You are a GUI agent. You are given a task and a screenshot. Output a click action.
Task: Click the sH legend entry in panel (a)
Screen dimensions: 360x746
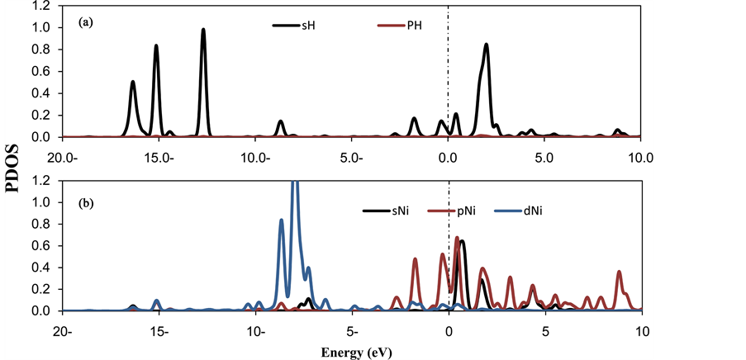tap(295, 26)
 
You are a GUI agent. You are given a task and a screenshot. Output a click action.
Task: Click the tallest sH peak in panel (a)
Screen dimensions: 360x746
tap(203, 31)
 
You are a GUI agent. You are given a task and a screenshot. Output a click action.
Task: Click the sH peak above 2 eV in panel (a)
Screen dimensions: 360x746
tap(487, 45)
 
